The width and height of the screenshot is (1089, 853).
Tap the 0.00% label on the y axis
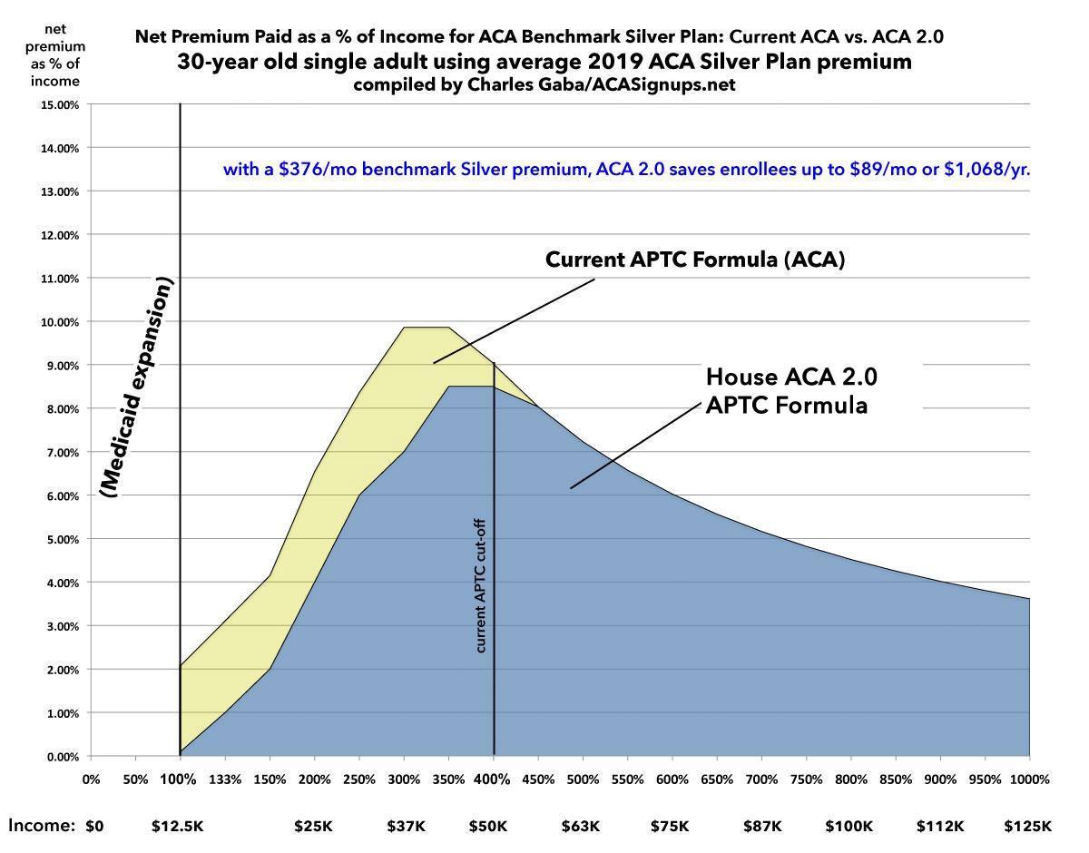pos(64,757)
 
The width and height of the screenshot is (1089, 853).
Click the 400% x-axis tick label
pos(493,779)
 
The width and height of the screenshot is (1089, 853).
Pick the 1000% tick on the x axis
pos(1028,779)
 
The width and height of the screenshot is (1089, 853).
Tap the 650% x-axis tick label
pos(717,779)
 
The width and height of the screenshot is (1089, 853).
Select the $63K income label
pos(581,826)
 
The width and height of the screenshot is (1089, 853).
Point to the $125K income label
pos(1027,826)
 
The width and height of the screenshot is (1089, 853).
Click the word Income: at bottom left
pos(42,825)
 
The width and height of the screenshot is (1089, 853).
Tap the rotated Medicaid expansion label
pos(138,387)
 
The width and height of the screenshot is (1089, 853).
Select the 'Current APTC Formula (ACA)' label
pos(694,260)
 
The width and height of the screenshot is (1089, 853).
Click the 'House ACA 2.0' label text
pos(792,376)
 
